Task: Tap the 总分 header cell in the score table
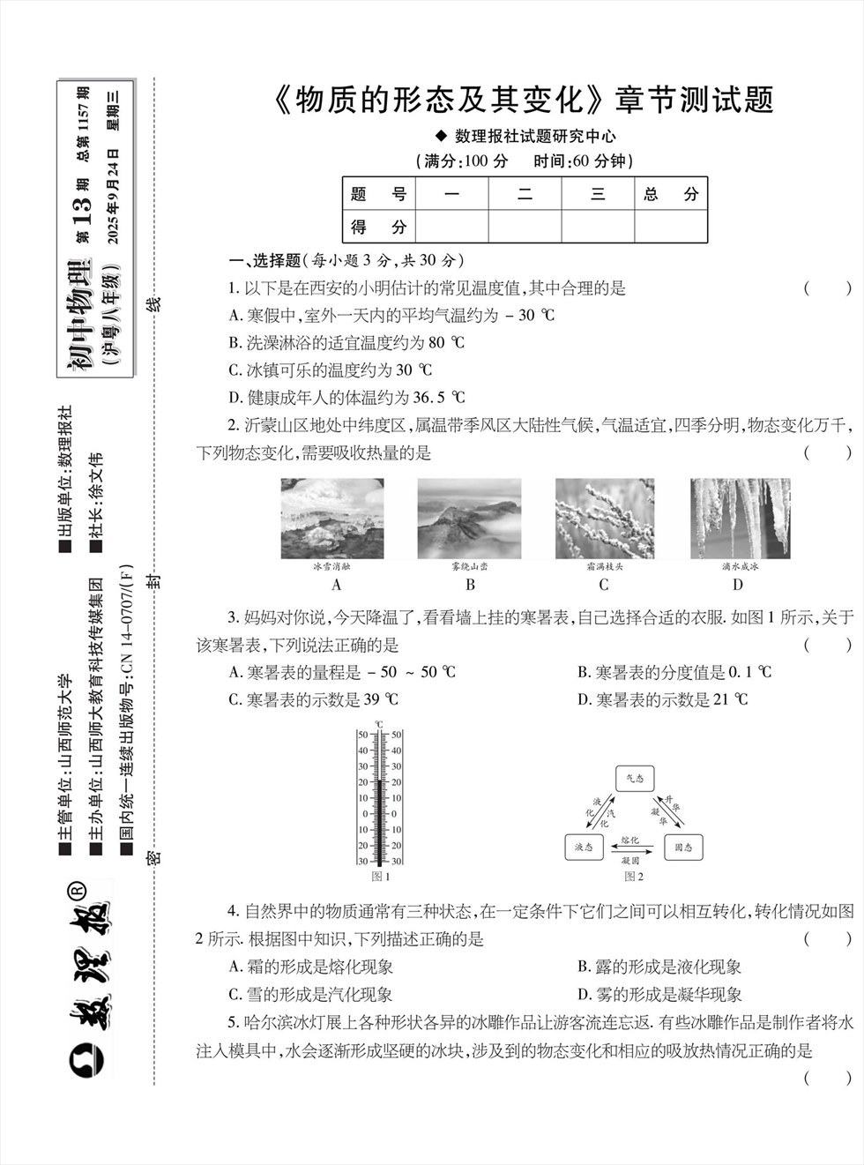click(671, 194)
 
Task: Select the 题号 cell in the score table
click(378, 194)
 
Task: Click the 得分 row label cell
click(378, 227)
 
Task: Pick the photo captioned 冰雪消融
click(331, 519)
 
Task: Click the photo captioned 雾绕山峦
click(469, 519)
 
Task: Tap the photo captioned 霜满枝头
click(604, 519)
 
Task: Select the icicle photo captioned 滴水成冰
click(739, 519)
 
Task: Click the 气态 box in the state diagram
click(634, 778)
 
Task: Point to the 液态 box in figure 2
click(584, 848)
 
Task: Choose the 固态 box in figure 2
click(683, 848)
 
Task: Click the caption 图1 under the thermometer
click(381, 877)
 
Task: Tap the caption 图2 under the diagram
click(634, 877)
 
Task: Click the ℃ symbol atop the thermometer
click(379, 724)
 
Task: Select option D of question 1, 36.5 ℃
click(346, 397)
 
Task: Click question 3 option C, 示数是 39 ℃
click(314, 699)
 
